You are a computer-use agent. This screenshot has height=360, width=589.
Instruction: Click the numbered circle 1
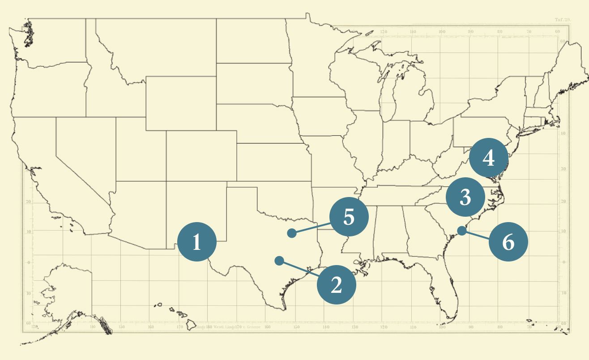[x=197, y=242]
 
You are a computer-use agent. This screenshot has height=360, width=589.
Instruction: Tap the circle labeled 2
[x=337, y=285]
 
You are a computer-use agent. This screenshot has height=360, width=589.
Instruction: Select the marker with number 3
[x=465, y=197]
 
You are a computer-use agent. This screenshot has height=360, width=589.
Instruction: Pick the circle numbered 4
[x=489, y=158]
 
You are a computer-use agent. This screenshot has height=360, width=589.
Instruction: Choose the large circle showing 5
[x=349, y=217]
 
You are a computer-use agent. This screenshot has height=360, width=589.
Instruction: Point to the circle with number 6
[x=508, y=242]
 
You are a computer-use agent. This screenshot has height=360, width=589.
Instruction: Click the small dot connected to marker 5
[x=292, y=233]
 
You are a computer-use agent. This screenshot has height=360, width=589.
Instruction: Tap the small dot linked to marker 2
[x=279, y=261]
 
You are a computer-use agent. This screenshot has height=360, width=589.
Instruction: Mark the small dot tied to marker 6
[x=461, y=231]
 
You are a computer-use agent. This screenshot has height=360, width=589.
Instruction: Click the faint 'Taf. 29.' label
[x=563, y=20]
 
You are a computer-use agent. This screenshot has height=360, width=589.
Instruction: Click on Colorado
[x=201, y=155]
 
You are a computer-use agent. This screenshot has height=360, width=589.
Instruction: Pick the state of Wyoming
[x=181, y=103]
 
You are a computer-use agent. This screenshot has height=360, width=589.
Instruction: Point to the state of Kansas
[x=273, y=161]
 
